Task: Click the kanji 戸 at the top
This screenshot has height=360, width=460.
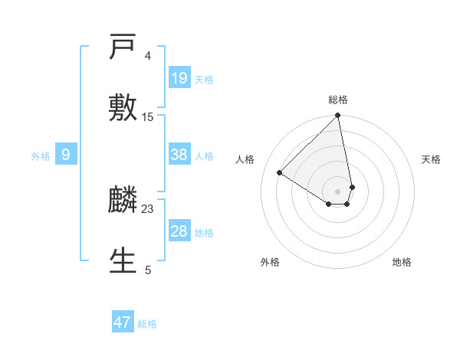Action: [x=123, y=49]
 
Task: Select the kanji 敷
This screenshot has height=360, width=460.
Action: [x=123, y=106]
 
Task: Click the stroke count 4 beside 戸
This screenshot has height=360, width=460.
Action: [x=148, y=56]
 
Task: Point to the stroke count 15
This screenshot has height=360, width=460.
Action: [x=148, y=117]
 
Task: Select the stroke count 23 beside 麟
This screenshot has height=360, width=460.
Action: [x=148, y=209]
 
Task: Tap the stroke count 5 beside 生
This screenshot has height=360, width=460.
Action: [x=148, y=270]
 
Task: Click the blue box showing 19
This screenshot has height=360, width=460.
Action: [x=179, y=78]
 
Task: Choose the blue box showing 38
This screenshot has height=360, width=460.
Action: [x=179, y=155]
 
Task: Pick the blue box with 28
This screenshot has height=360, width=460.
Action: [x=179, y=231]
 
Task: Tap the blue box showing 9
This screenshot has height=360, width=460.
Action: [x=66, y=155]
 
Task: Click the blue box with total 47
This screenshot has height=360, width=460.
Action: [x=123, y=322]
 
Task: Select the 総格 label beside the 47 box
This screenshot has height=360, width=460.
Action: [x=147, y=324]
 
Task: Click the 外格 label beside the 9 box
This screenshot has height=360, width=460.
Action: [x=41, y=156]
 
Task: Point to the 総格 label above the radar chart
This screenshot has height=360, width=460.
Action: [x=338, y=100]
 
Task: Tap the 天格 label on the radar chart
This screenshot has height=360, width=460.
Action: [x=431, y=159]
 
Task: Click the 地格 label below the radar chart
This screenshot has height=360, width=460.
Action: [x=402, y=262]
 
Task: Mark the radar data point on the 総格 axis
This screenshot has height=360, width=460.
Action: [x=338, y=116]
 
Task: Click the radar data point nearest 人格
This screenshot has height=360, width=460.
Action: [x=280, y=173]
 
